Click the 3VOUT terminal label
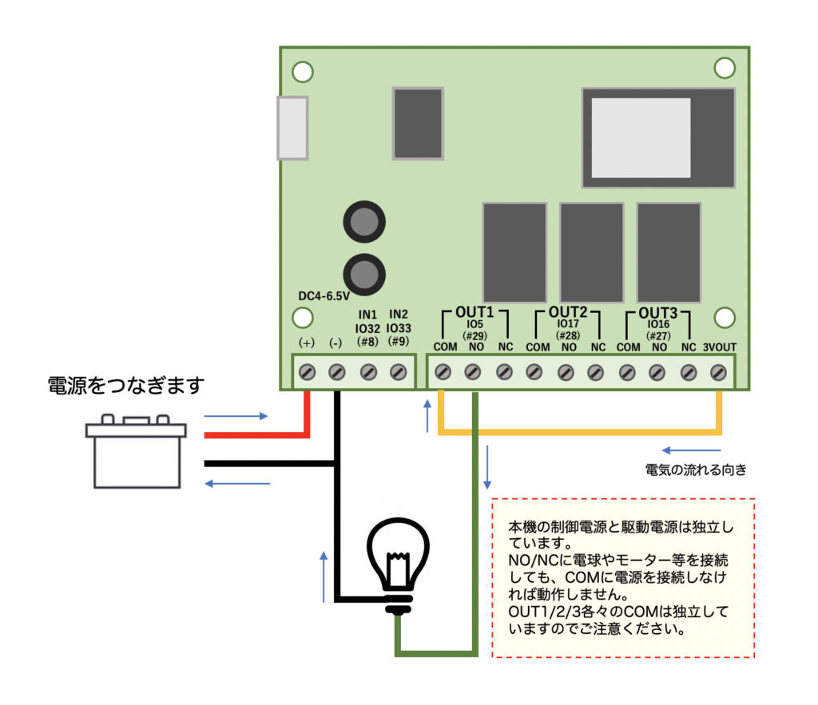tap(719, 347)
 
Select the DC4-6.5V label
tap(324, 296)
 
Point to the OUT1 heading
tap(475, 311)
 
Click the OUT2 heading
tap(568, 311)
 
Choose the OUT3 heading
tap(657, 311)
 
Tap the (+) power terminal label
tap(307, 343)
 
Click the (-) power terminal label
tap(336, 343)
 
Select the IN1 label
tap(367, 314)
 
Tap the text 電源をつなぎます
tap(126, 386)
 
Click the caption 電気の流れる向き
tap(696, 469)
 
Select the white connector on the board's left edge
tap(292, 128)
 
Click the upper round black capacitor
tap(364, 222)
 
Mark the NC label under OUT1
tap(505, 347)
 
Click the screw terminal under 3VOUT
tap(718, 372)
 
